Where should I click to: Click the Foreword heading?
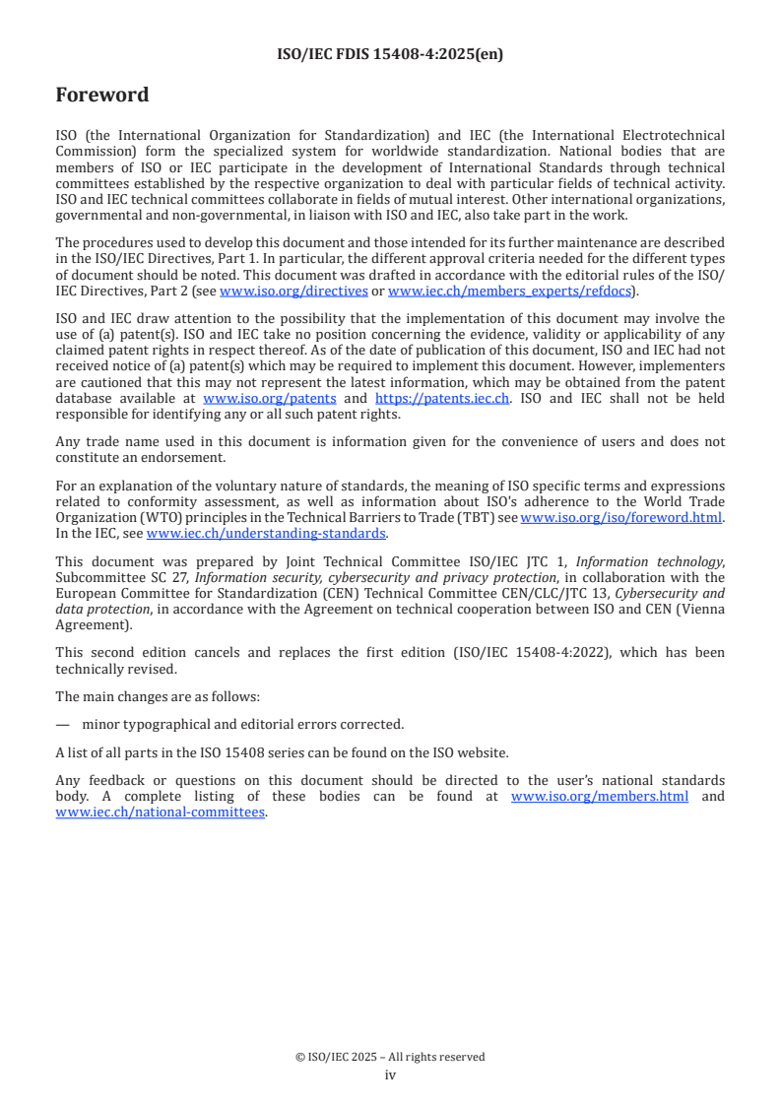(x=102, y=96)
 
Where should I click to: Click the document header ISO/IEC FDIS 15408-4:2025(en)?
(x=391, y=55)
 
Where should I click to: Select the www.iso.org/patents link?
(x=269, y=398)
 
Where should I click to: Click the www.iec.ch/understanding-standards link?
(x=266, y=533)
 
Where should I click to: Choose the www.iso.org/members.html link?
(x=600, y=796)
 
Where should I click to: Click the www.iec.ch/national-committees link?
(x=161, y=812)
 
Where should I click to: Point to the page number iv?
(x=390, y=1074)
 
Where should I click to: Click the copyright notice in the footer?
(x=390, y=1057)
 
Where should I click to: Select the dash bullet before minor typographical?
(x=63, y=724)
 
